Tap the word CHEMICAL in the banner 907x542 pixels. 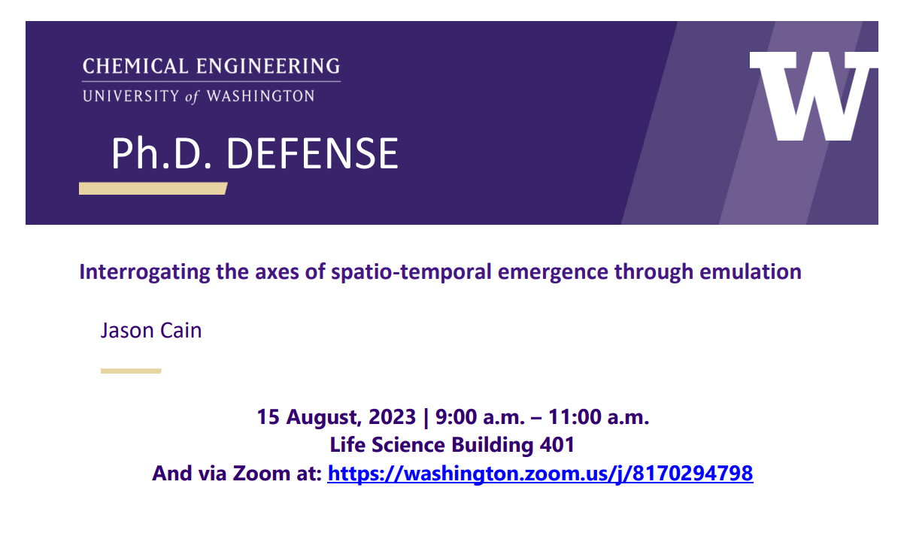135,66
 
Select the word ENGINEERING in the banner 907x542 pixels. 268,66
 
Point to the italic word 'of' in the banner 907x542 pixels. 193,96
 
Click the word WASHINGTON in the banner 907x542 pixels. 260,96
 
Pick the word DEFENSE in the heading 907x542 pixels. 312,153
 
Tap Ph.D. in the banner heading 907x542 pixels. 162,153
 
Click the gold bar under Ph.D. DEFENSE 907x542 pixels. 153,189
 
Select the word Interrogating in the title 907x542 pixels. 144,272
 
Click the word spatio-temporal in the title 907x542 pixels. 411,272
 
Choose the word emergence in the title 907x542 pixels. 553,273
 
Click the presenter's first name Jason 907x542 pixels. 128,330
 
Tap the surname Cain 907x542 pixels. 181,330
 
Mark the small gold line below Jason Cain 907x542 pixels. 131,371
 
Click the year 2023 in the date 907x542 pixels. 392,417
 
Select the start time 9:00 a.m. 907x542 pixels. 480,417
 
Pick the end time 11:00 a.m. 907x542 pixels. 599,417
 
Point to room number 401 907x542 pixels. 557,445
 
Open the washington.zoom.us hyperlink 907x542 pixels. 540,474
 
